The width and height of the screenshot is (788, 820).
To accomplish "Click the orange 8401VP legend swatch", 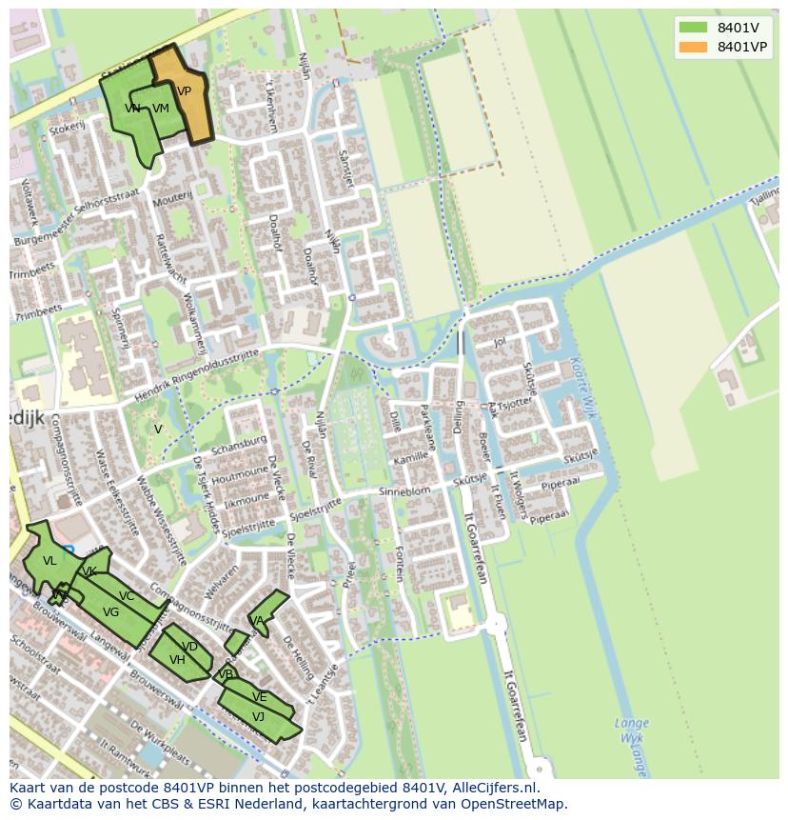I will point(694,47).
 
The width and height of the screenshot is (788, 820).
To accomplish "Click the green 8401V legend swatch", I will point(694,28).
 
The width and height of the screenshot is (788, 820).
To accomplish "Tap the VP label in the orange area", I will point(184,91).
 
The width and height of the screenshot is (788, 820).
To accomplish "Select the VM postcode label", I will point(160,109).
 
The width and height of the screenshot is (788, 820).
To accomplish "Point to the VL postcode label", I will point(49,561).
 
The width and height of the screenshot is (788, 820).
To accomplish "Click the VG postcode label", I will point(110,612).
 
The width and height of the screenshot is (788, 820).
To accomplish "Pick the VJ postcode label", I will point(258,716).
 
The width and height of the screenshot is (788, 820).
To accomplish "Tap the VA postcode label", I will point(255,621).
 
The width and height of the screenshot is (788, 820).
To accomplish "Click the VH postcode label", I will point(177,659).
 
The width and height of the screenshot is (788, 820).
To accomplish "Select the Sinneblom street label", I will point(404,490).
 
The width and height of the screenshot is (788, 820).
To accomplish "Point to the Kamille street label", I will point(410,458).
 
